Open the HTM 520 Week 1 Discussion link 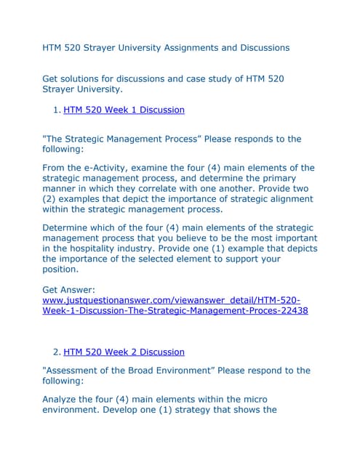pyautogui.click(x=124, y=110)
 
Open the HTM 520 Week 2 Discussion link pyautogui.click(x=124, y=352)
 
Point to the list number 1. pyautogui.click(x=57, y=110)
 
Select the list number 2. pyautogui.click(x=57, y=352)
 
